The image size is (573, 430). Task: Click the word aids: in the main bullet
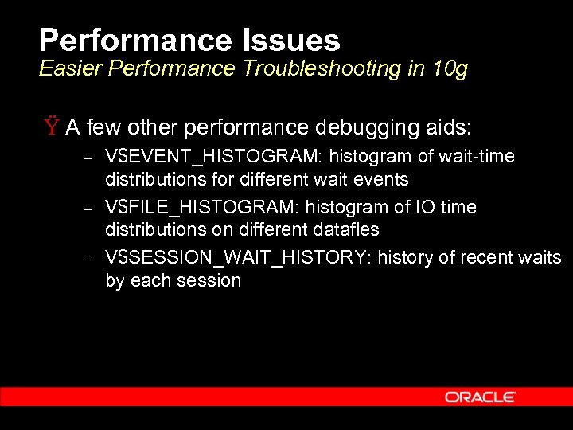(x=447, y=127)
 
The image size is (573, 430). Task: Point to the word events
(x=383, y=179)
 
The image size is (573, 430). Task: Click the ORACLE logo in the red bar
(x=480, y=397)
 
